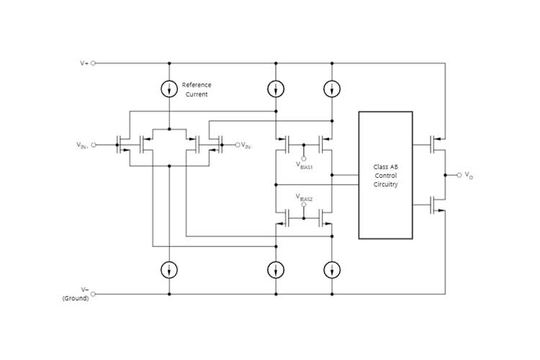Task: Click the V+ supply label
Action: [x=84, y=63]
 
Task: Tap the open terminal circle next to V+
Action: [x=94, y=63]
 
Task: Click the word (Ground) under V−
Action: [x=76, y=298]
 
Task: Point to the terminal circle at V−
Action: [x=94, y=294]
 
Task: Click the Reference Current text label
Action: [x=196, y=89]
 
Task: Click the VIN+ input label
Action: [x=82, y=145]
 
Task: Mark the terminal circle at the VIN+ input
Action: [x=94, y=145]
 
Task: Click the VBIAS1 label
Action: [x=305, y=166]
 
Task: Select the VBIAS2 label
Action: [x=305, y=196]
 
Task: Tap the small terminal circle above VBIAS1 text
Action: [x=303, y=158]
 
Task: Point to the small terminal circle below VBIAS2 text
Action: [x=303, y=204]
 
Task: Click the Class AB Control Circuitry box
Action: [x=385, y=175]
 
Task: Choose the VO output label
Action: [x=469, y=175]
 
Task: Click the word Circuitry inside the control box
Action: [x=385, y=184]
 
